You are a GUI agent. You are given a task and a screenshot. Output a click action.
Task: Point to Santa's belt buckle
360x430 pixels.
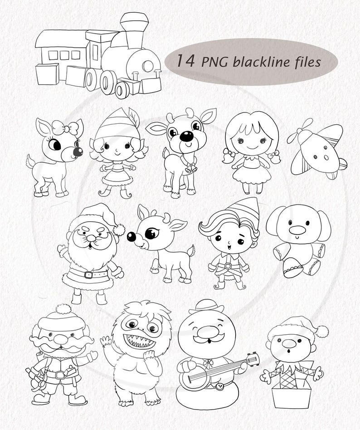(x=89, y=275)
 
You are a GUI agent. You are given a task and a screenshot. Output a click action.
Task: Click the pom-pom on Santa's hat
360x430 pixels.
(x=119, y=230)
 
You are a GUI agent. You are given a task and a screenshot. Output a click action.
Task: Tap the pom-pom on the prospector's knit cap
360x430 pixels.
(x=63, y=310)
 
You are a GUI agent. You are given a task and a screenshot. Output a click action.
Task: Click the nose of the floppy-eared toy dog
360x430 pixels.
(x=297, y=230)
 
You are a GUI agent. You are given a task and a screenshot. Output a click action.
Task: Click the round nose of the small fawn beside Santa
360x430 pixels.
(x=131, y=236)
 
